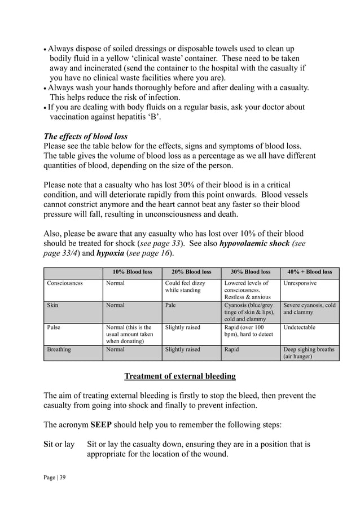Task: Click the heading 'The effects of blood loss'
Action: (86, 136)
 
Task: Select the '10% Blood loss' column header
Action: (133, 271)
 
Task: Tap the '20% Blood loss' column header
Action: (191, 271)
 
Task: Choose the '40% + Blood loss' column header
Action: (309, 271)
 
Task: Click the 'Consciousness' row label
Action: (65, 283)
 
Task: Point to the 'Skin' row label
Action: (53, 305)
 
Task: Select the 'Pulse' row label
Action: (54, 327)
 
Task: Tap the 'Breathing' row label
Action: (59, 349)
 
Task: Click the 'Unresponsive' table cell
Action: (300, 283)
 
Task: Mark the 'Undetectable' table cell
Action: (300, 327)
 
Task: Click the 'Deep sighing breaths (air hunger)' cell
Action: (309, 353)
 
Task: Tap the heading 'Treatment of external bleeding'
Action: (179, 376)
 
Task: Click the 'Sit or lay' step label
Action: (59, 444)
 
